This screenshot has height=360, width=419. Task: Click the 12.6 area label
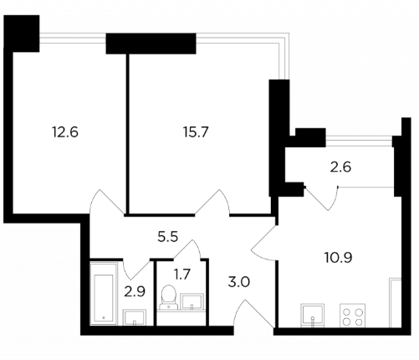pyautogui.click(x=65, y=132)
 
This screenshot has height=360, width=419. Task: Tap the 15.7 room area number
pyautogui.click(x=196, y=132)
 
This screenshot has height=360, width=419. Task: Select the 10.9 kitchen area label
pyautogui.click(x=339, y=257)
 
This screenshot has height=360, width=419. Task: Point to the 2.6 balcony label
pyautogui.click(x=340, y=167)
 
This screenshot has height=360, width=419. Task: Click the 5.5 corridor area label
pyautogui.click(x=167, y=237)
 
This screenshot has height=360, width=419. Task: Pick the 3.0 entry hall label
pyautogui.click(x=239, y=282)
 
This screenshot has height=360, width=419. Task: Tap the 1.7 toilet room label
pyautogui.click(x=181, y=274)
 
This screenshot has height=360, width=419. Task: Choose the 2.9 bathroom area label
pyautogui.click(x=135, y=292)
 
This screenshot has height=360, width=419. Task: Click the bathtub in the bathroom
pyautogui.click(x=104, y=293)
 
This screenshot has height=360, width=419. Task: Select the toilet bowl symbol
pyautogui.click(x=168, y=297)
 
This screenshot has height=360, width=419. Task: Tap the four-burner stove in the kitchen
pyautogui.click(x=352, y=316)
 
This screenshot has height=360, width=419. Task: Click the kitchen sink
pyautogui.click(x=313, y=316)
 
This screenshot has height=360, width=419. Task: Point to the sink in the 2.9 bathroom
pyautogui.click(x=135, y=317)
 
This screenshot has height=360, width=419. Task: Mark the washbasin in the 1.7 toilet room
pyautogui.click(x=192, y=301)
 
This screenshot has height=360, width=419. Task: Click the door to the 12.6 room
pyautogui.click(x=106, y=203)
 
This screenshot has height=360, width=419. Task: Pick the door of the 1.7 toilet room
pyautogui.click(x=187, y=249)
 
